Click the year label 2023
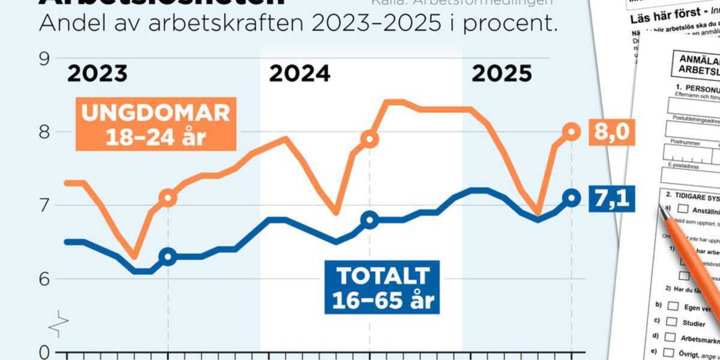(97, 74)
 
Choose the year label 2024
(299, 74)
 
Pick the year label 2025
(502, 74)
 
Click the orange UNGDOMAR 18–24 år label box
(156, 125)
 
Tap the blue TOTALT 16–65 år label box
(383, 287)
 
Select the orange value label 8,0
(611, 132)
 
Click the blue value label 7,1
(611, 198)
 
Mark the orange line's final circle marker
(572, 132)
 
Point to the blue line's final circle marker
(572, 198)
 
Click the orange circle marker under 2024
(370, 139)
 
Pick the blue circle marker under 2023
(168, 257)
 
